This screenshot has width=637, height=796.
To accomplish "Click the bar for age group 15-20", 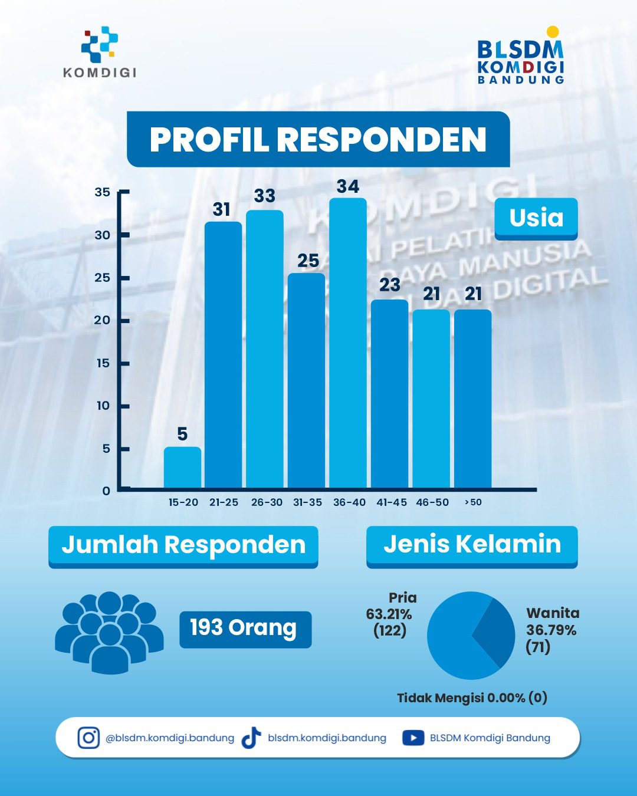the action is coord(182,467).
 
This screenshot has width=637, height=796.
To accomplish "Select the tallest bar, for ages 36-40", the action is coord(348,343).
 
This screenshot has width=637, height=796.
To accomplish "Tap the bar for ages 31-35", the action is coord(307,381).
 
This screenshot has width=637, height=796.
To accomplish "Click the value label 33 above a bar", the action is coord(265,196).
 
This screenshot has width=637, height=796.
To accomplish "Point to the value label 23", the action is coord(390,285).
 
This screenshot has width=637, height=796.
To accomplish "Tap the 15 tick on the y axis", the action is coord(103,363).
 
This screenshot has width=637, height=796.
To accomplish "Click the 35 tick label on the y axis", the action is coord(103,192).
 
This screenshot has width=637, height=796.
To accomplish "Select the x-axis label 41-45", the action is coord(392,502).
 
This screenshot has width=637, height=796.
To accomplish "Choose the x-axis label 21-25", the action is coord(224,502).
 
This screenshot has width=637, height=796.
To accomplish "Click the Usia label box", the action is coord(536,219).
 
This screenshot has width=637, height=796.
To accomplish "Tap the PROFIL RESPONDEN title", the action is coord(318,139).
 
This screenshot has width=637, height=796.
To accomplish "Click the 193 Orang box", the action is coord(245,630).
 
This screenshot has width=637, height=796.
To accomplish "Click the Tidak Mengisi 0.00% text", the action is coord(472,698).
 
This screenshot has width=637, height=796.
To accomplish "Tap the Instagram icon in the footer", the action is coord(88,738).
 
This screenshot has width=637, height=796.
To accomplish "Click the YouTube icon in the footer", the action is coord(413,738).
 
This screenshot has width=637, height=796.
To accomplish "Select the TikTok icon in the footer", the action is coord(251,738).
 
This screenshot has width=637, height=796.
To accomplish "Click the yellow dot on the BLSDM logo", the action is coord(553,32).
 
